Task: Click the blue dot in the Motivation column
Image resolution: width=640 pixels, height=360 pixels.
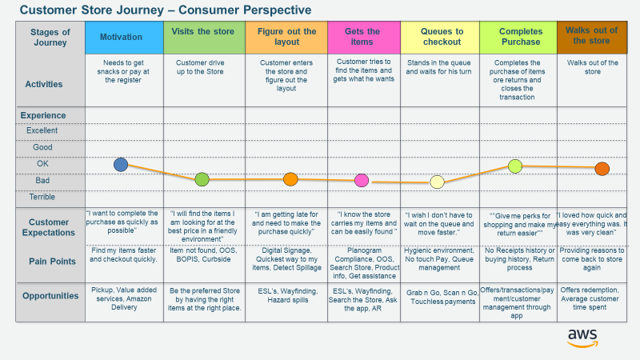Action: [x=121, y=165]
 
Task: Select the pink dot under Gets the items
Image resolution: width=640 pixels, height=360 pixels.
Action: [x=362, y=180]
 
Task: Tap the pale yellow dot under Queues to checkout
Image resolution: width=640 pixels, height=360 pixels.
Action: [x=437, y=182]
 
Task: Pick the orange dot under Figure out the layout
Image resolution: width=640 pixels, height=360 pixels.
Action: [x=290, y=179]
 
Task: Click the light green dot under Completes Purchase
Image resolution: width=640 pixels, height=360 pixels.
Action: [x=515, y=166]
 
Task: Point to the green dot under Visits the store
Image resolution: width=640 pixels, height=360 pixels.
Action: [x=202, y=179]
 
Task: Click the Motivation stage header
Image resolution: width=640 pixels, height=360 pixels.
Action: [x=122, y=37]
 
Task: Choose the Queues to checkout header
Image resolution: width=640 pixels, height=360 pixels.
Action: [x=441, y=37]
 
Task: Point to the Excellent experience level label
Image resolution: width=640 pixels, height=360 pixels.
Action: [x=42, y=130]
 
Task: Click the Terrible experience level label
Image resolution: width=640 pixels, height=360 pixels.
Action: [x=42, y=196]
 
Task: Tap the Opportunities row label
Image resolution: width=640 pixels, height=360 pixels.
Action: [x=50, y=295]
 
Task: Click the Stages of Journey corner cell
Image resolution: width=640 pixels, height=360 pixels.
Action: [x=50, y=37]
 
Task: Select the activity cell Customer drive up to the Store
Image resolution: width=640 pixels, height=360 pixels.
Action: [x=204, y=68]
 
